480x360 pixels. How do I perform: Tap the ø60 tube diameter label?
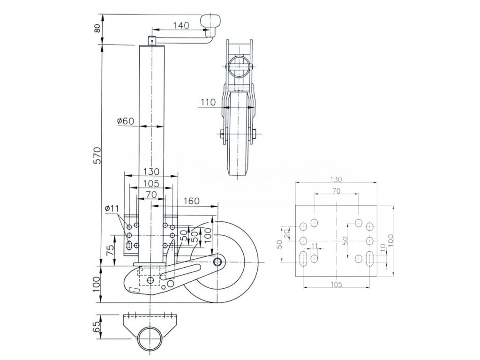tap(126, 121)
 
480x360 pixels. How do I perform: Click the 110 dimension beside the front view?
tap(207, 102)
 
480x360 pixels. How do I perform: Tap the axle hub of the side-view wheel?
tap(217, 261)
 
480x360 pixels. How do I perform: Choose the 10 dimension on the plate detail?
tap(383, 247)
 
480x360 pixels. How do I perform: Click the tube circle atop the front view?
tap(239, 67)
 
